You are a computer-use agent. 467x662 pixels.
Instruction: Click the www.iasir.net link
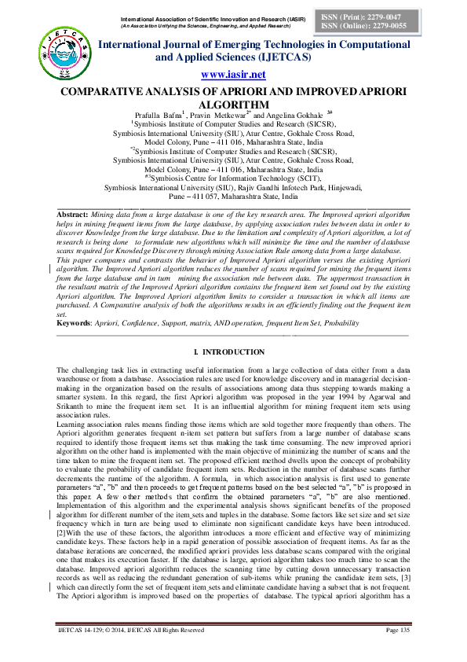tap(233, 75)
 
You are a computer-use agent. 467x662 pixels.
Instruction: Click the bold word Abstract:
tap(73, 214)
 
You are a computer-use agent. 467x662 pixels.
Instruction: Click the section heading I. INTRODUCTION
tap(233, 351)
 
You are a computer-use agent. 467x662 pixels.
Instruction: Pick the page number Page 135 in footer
tap(398, 652)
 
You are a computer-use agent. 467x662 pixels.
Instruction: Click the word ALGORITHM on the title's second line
tap(233, 103)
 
